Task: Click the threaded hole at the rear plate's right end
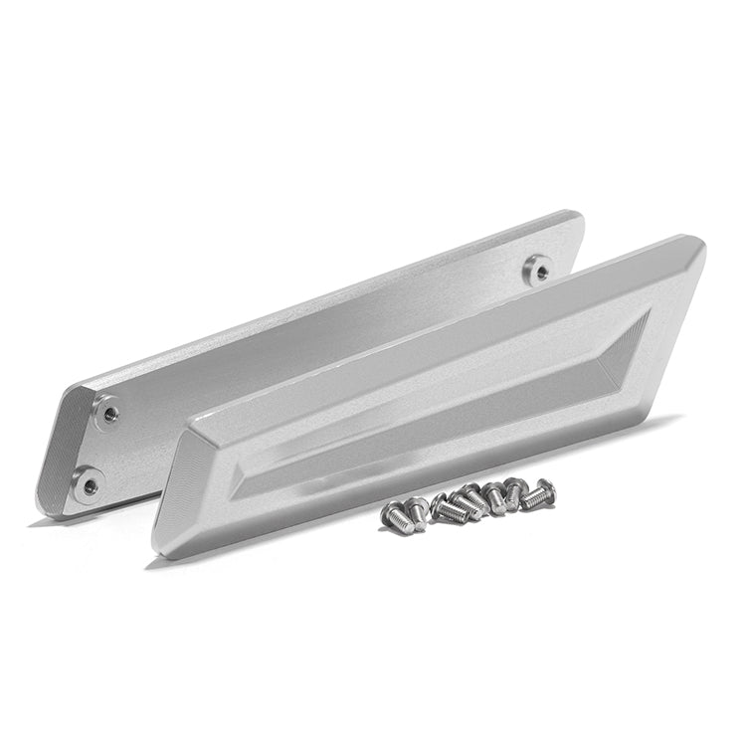(x=538, y=266)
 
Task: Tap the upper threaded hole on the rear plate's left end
(x=107, y=408)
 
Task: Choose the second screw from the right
(x=515, y=490)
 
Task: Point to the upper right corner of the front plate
(x=700, y=245)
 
